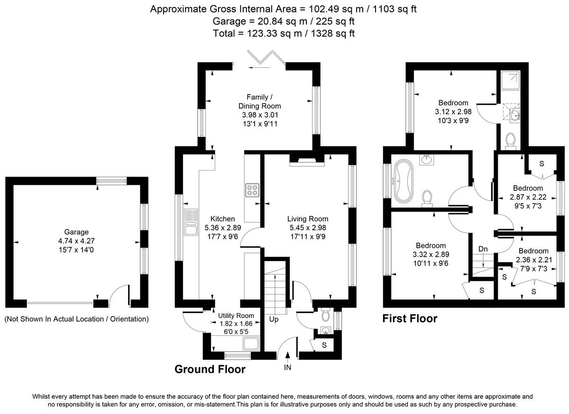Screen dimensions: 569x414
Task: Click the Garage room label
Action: (76, 232)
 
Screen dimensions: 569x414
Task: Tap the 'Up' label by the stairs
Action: (274, 319)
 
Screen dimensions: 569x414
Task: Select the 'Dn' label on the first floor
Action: (483, 249)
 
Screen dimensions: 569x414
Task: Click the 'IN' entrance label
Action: (287, 367)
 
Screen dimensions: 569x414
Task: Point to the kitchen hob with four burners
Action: (252, 190)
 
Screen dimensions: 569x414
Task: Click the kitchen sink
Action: (191, 222)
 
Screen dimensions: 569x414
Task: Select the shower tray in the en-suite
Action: (511, 80)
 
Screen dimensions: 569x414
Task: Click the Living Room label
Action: (308, 219)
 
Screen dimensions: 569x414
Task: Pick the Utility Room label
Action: (236, 315)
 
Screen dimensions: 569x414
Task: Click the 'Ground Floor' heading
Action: (210, 369)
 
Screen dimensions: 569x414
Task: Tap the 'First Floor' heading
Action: (410, 319)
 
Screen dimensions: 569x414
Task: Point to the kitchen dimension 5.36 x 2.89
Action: (223, 228)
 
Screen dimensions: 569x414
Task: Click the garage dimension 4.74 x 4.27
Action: (76, 241)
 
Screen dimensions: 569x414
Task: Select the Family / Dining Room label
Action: (260, 101)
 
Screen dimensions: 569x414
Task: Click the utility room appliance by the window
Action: (251, 344)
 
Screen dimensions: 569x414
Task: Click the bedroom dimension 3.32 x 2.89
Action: (431, 254)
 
